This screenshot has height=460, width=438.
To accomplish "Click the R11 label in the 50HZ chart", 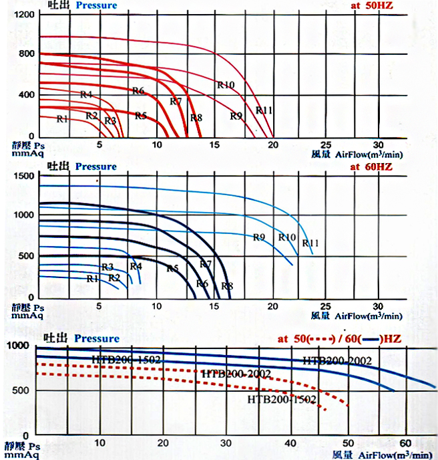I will [265, 110].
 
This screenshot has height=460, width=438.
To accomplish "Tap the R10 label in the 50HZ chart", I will [225, 85].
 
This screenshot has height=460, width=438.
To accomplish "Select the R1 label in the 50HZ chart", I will [62, 119].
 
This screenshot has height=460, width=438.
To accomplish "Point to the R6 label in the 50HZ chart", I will [138, 90].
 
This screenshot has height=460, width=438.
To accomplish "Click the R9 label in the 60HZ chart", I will [260, 237].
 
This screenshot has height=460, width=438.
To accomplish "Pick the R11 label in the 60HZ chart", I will [310, 243].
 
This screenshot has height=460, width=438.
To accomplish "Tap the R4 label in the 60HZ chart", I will [136, 266].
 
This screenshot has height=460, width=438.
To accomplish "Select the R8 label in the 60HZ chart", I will [227, 286].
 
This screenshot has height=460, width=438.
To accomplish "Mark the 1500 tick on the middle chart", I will [23, 175].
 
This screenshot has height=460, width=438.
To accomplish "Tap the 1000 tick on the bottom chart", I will [19, 345].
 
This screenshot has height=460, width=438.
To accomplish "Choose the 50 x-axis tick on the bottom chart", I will [347, 443].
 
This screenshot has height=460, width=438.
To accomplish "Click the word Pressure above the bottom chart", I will [97, 339].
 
